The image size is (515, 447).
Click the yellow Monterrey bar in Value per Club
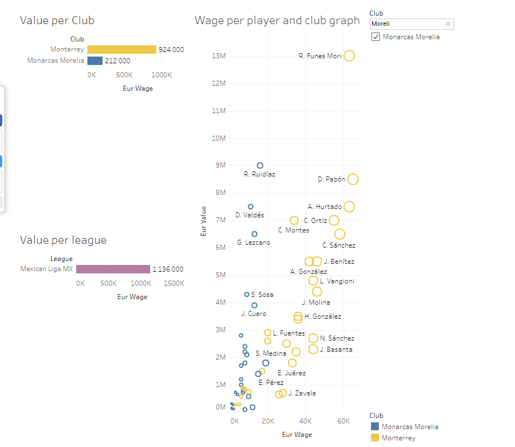122,50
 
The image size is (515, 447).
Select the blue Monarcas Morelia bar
95,60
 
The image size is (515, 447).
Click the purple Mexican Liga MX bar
113,269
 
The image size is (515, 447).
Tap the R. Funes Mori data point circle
349,56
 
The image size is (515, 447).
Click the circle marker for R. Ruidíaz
260,165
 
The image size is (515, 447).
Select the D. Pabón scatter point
352,179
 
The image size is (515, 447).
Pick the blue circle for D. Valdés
250,207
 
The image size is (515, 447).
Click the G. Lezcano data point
254,234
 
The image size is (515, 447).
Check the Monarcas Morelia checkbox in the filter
375,37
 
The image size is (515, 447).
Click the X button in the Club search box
448,24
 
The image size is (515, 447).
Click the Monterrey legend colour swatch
374,438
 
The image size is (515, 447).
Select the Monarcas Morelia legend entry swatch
374,427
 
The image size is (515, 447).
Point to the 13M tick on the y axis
218,56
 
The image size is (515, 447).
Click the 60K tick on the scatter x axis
343,421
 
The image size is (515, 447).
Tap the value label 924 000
171,50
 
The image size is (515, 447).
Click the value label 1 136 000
168,269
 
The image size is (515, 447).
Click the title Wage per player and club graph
277,21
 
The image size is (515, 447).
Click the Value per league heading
63,240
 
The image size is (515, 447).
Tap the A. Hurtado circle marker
349,207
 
